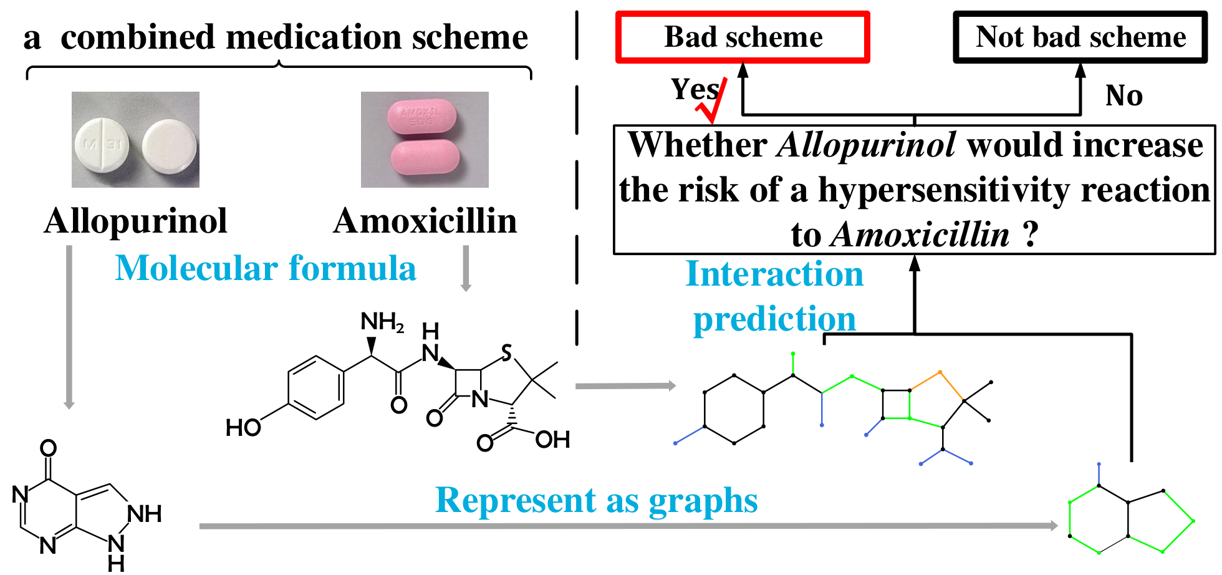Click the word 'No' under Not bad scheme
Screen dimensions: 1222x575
pos(1124,95)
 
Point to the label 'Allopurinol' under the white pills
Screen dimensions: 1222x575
pos(136,221)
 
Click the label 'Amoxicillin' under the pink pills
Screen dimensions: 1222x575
pos(425,221)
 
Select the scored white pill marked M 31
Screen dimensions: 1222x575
pos(101,145)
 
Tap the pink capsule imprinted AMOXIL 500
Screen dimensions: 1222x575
pos(421,116)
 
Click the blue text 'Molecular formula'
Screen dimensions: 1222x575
pos(266,269)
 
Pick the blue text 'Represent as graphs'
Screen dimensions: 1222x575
pos(597,501)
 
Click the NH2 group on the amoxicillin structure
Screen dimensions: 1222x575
pos(382,322)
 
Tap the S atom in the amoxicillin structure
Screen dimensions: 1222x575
pos(507,353)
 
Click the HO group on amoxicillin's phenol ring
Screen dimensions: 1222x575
pos(243,428)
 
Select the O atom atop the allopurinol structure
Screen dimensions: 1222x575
pos(48,448)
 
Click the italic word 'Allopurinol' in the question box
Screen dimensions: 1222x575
pos(867,145)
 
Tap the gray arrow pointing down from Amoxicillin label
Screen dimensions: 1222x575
pos(466,268)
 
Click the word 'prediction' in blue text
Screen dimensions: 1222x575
pos(774,319)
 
